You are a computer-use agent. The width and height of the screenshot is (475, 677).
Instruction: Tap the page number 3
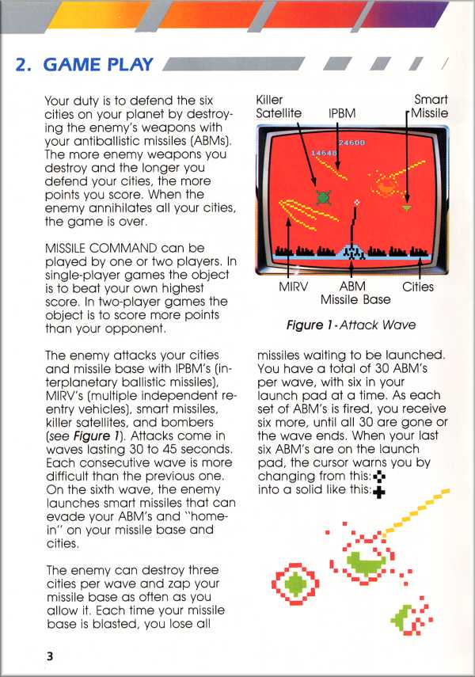(x=49, y=656)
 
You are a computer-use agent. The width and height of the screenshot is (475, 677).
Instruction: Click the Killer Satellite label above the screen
(x=279, y=107)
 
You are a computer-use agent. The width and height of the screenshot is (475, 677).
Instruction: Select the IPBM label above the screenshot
(x=341, y=114)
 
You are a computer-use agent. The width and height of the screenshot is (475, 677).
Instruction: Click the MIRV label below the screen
(x=293, y=287)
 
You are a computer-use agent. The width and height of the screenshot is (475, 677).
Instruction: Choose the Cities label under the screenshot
(x=417, y=287)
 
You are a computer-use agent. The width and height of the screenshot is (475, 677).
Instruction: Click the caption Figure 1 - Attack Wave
(x=350, y=325)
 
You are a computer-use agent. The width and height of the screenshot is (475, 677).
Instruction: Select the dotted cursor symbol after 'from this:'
(x=378, y=476)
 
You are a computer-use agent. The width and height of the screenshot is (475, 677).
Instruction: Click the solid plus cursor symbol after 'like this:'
(x=378, y=492)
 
